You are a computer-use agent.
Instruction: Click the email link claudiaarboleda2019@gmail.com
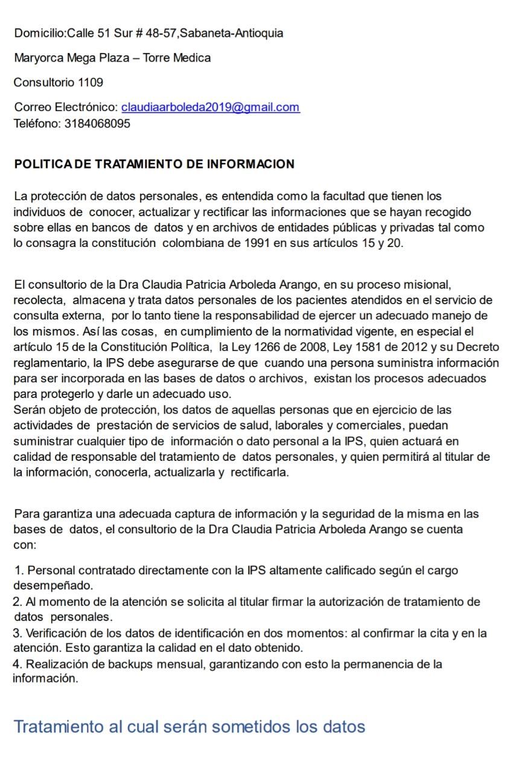point(210,107)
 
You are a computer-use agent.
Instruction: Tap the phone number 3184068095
point(97,124)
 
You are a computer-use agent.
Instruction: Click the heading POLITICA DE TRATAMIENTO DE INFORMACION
point(154,164)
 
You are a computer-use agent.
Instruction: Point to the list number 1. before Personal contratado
point(20,571)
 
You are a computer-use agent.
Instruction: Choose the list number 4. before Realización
point(18,664)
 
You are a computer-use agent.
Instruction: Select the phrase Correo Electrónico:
point(66,107)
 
